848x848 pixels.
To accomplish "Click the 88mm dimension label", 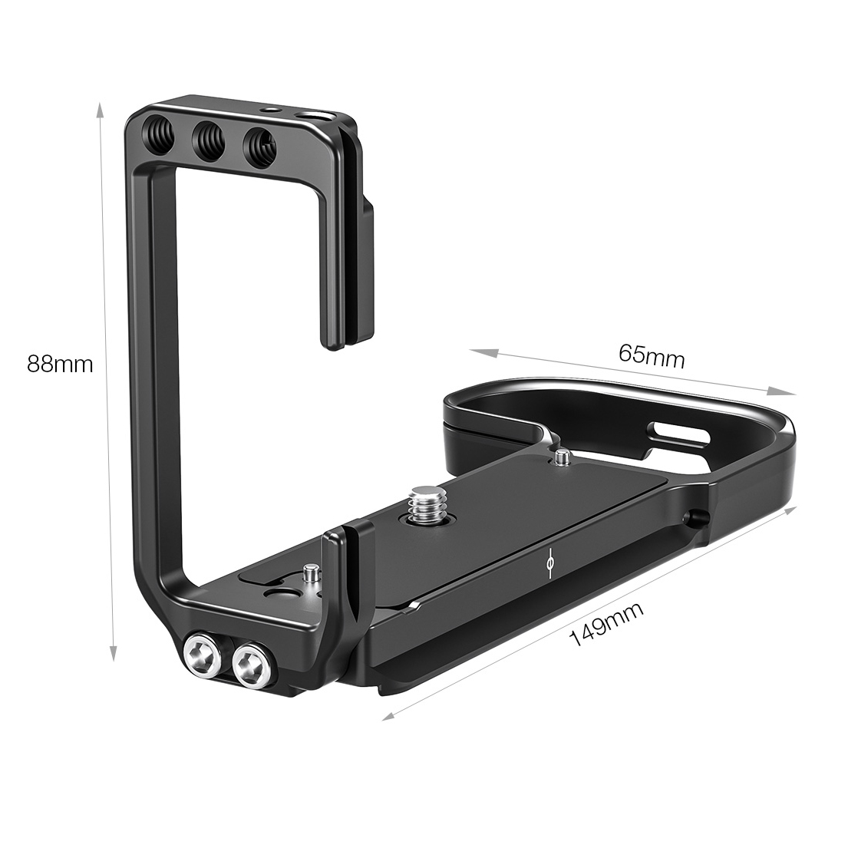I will (59, 364).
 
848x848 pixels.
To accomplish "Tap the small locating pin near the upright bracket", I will (310, 574).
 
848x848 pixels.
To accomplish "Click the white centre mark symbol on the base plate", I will (548, 564).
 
